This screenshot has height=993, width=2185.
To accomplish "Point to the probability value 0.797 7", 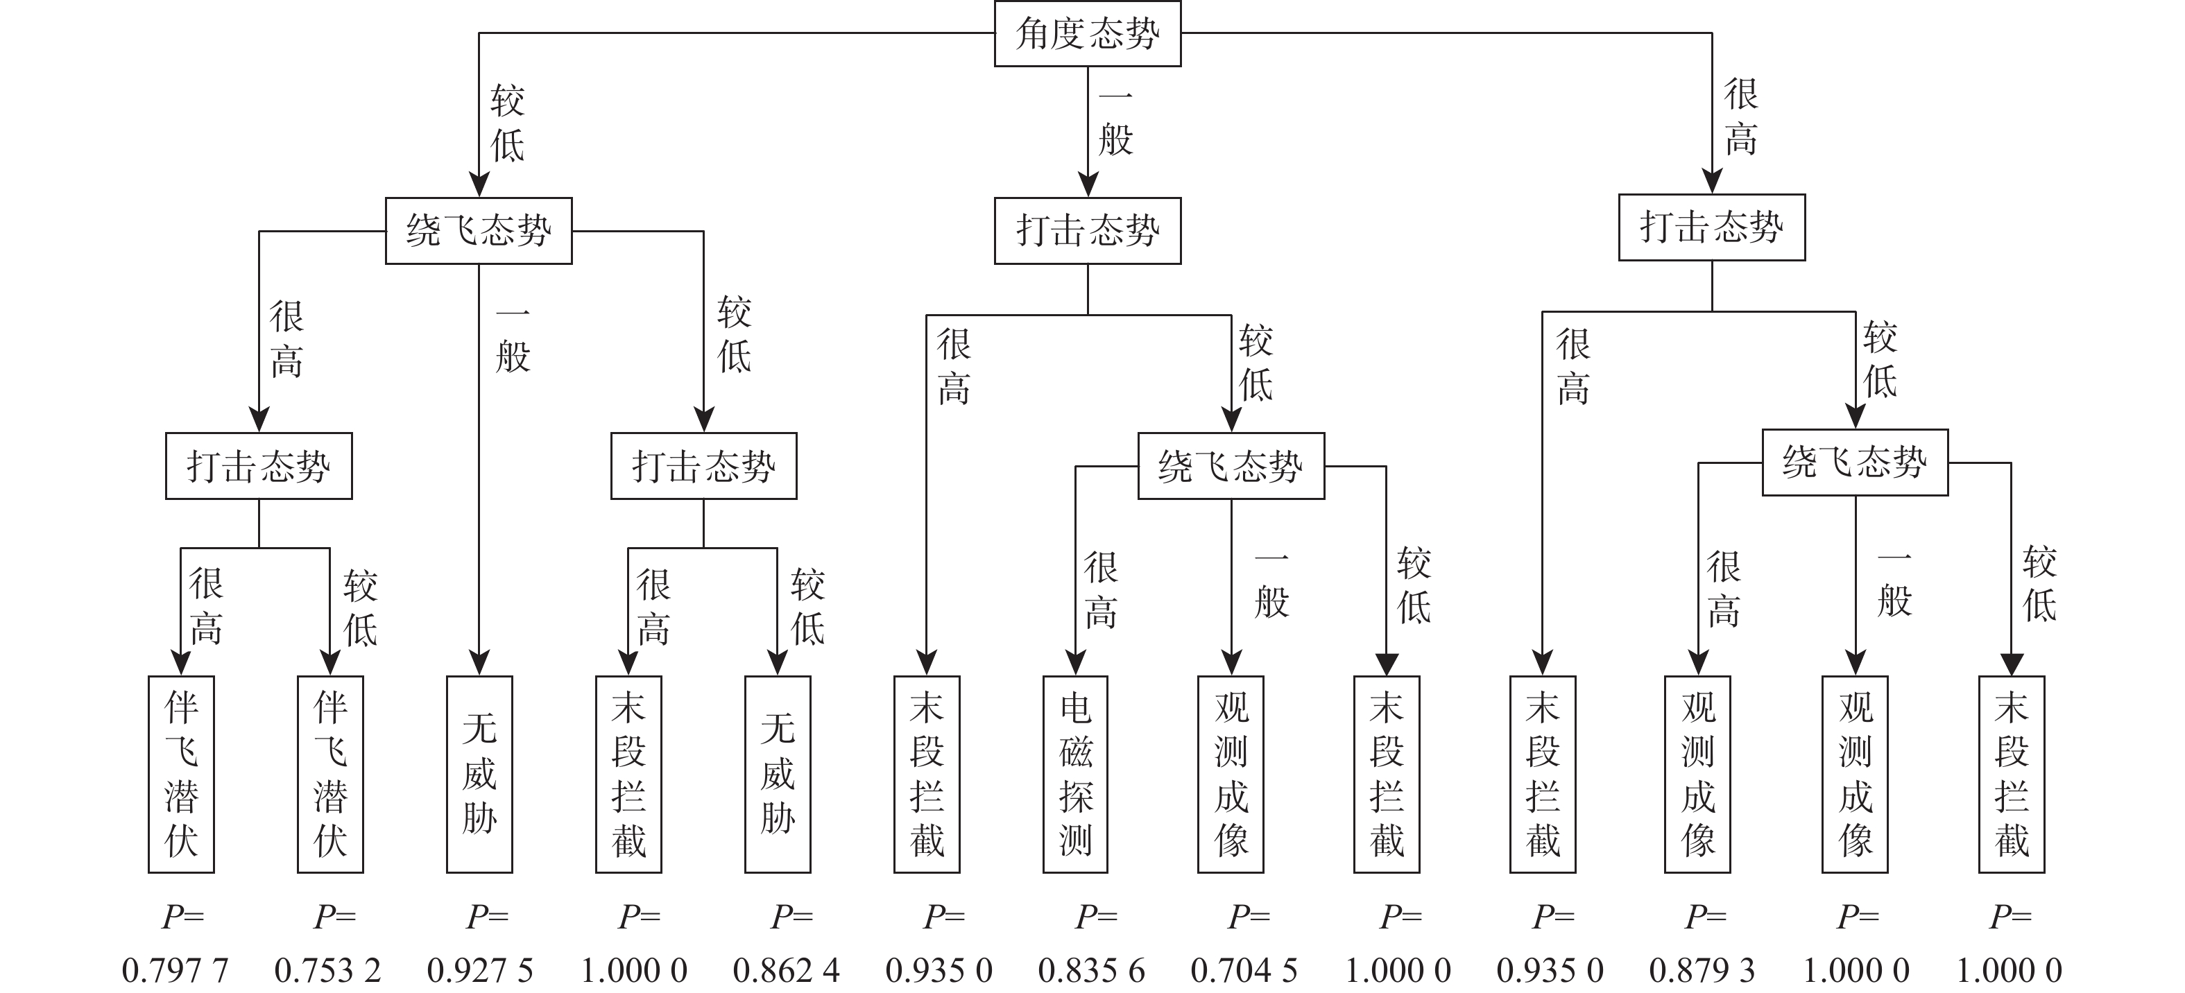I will pos(175,969).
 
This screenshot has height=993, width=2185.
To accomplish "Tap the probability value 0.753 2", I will pos(327,969).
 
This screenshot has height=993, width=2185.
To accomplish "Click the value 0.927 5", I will pos(480,969).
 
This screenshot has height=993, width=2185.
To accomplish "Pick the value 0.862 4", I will pos(787,969).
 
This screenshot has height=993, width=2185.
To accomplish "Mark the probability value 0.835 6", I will pos(1092,969).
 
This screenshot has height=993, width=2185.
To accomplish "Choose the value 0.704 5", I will pos(1244,969).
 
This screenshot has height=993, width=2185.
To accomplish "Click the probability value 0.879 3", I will pos(1702,969).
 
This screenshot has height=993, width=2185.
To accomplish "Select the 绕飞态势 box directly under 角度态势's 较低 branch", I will pos(479,231).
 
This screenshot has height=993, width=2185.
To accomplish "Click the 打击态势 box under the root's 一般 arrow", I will pos(1088,231).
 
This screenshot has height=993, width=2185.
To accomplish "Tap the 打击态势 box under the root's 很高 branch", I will pos(1712,227).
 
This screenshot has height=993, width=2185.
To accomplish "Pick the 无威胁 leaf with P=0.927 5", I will pos(479,773).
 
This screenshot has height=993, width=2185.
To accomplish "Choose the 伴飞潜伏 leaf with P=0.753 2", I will pos(330,773).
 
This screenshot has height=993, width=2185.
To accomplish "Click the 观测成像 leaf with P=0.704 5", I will pos(1231,773).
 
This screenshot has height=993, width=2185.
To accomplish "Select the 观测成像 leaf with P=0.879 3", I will pos(1697,773).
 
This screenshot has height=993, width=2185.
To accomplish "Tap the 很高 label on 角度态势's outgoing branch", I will pos(1740,117).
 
